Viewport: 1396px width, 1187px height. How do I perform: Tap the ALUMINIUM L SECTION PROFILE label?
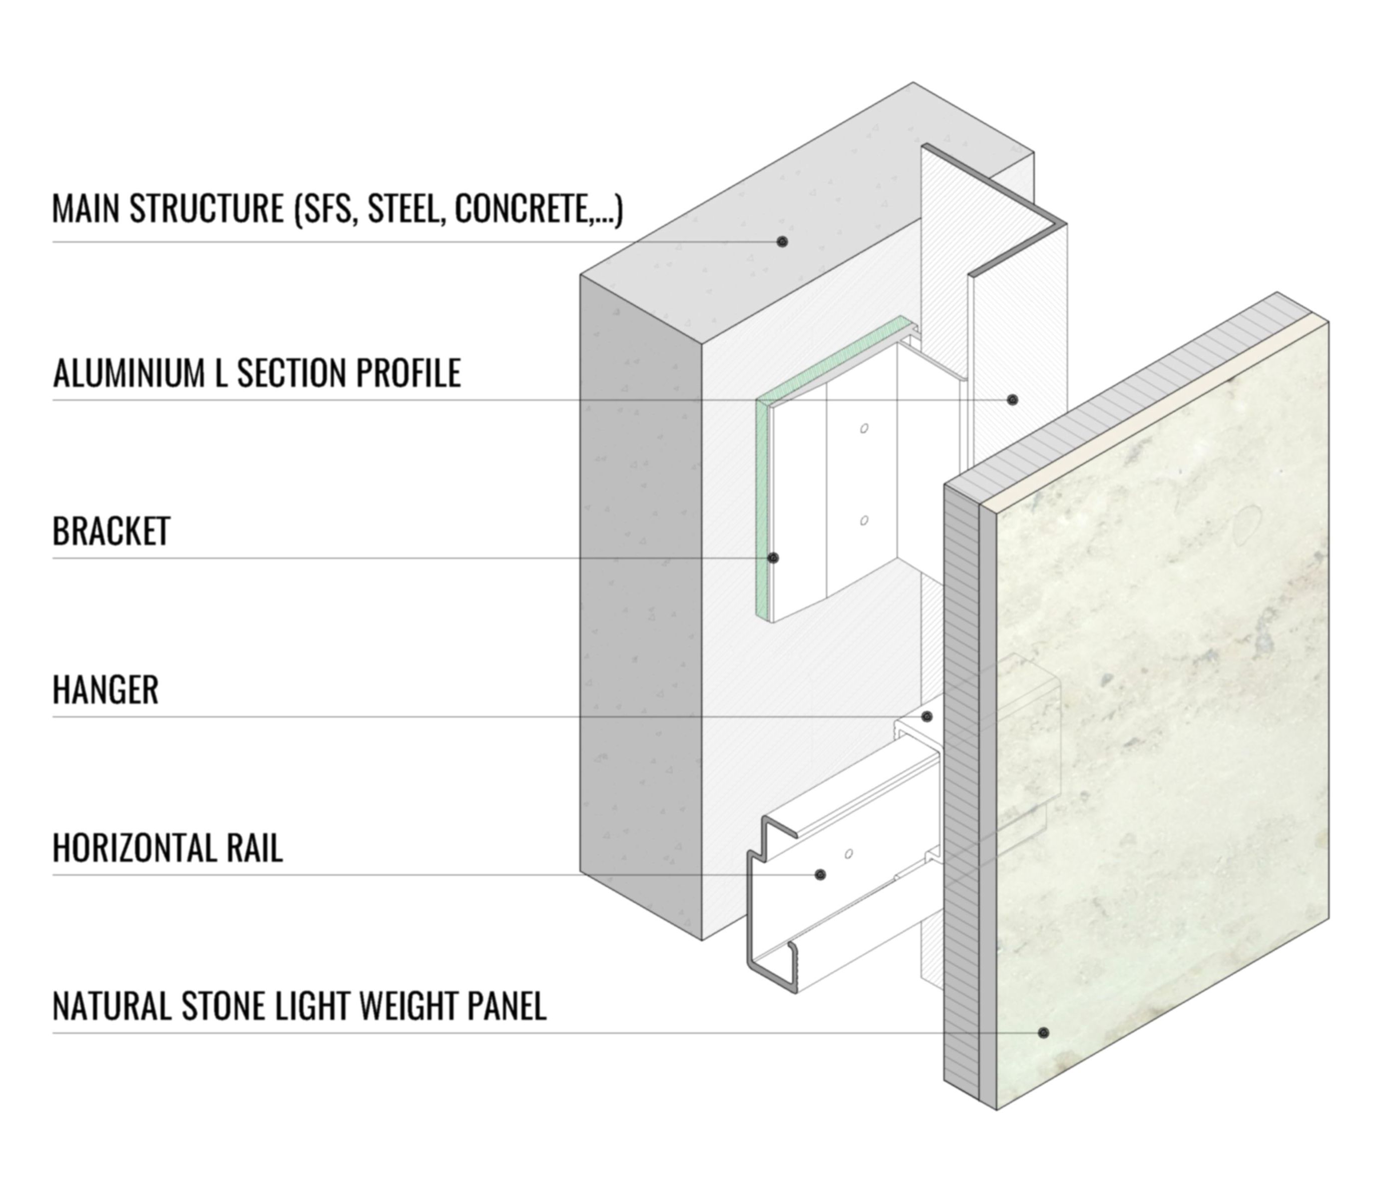256,373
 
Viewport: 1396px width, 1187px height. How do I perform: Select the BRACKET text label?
111,531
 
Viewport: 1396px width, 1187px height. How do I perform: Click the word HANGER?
106,690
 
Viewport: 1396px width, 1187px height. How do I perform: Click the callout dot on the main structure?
781,241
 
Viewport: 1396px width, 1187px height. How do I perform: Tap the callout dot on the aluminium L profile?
1012,400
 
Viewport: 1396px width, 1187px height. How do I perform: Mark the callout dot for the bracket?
773,558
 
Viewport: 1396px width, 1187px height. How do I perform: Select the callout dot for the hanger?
927,717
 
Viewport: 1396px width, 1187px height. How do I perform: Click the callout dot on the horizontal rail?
820,875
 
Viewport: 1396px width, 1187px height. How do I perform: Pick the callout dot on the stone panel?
1043,1033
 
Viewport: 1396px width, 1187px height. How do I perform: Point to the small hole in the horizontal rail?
849,854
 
